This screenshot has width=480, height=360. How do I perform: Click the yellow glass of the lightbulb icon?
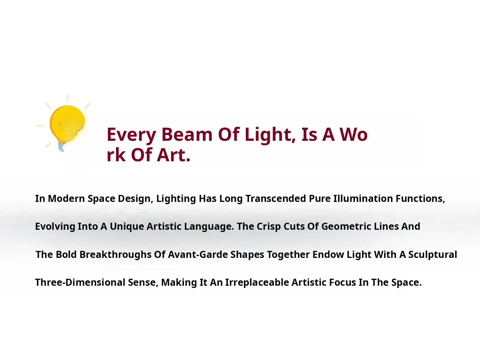(x=67, y=124)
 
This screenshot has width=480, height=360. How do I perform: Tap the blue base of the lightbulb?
(x=61, y=147)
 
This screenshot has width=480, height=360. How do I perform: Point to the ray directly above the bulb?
(x=68, y=98)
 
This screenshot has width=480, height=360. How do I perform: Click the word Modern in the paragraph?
(x=66, y=198)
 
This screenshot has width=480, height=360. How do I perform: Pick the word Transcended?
(x=276, y=198)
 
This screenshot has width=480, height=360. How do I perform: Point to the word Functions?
(x=420, y=199)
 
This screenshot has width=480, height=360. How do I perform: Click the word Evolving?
(x=55, y=227)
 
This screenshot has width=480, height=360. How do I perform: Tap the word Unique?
(x=127, y=227)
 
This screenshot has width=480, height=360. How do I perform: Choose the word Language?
(x=209, y=227)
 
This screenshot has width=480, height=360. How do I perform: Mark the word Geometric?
(x=346, y=227)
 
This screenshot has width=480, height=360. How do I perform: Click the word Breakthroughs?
(x=116, y=255)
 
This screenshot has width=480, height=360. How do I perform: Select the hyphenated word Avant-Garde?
(x=198, y=255)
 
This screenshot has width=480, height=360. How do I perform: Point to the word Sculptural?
(x=433, y=255)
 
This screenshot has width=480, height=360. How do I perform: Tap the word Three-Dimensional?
(x=80, y=283)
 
